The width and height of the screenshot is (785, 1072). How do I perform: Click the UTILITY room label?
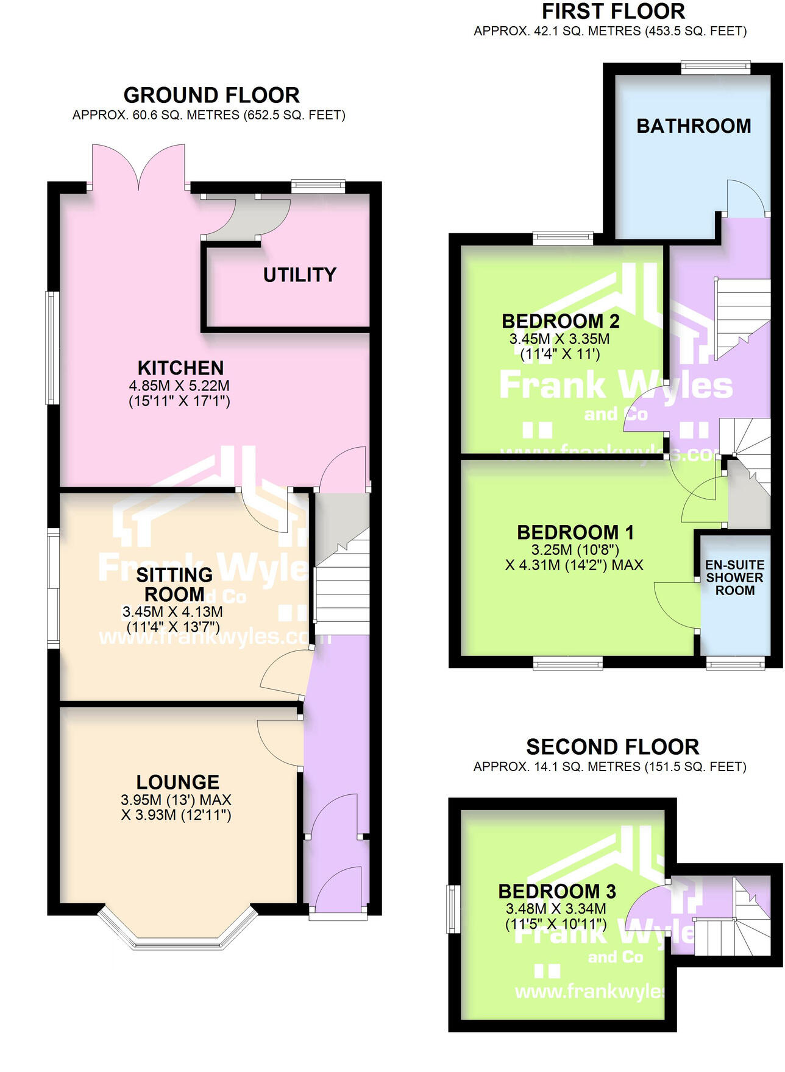299,275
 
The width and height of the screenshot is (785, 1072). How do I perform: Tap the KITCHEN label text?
180,368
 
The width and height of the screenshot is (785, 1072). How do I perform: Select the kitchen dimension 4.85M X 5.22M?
179,386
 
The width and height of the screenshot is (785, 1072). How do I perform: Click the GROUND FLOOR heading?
211,96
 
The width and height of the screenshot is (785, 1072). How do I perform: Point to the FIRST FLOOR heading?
613,12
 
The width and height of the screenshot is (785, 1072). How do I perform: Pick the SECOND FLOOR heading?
613,747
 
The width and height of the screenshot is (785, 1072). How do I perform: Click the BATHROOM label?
694,126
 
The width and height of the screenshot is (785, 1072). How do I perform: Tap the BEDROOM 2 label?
561,321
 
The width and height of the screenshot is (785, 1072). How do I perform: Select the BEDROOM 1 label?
575,532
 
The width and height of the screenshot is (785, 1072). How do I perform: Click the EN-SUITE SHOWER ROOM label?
734,577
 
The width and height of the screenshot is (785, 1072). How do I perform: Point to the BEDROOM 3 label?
557,891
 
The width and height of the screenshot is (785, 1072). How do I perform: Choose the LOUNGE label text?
177,782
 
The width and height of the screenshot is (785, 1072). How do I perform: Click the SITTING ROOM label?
174,584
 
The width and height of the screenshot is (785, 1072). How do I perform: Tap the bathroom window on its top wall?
716,67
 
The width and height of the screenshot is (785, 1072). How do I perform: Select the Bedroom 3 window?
453,909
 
